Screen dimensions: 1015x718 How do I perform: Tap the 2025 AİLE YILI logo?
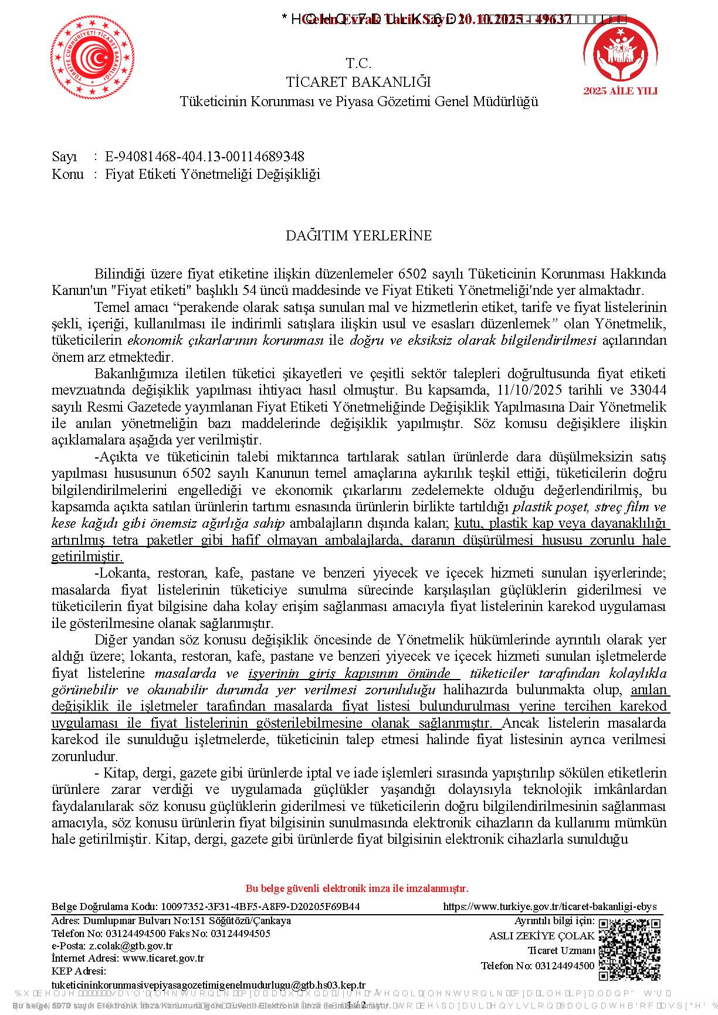pyautogui.click(x=620, y=56)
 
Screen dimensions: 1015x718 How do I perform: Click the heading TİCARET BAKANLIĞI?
pyautogui.click(x=358, y=82)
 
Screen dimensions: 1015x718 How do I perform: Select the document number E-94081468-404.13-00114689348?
pyautogui.click(x=205, y=157)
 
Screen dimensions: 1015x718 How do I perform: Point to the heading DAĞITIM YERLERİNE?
pyautogui.click(x=358, y=236)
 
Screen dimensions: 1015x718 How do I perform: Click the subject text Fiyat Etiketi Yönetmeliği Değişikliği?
pyautogui.click(x=212, y=174)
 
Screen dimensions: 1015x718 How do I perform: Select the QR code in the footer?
pyautogui.click(x=629, y=949)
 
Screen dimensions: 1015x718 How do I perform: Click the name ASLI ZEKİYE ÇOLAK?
pyautogui.click(x=541, y=936)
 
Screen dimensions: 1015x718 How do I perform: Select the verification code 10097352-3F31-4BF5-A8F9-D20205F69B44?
pyautogui.click(x=260, y=907)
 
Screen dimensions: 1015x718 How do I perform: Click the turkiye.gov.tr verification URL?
pyautogui.click(x=550, y=907)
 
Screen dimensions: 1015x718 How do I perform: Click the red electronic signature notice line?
pyautogui.click(x=357, y=888)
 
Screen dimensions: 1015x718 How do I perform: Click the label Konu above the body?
pyautogui.click(x=67, y=174)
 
